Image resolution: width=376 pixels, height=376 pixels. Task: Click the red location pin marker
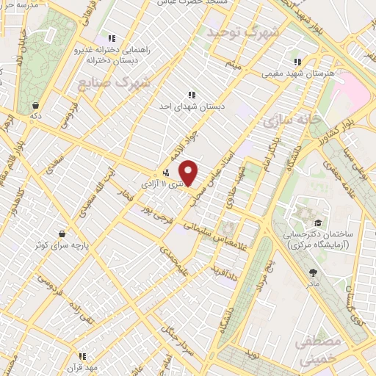coord(189,173)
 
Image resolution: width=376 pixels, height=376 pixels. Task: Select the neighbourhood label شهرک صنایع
coord(114,82)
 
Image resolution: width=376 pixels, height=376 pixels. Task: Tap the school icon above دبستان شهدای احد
coord(192,95)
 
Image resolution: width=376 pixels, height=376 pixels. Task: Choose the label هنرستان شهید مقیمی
coord(298,73)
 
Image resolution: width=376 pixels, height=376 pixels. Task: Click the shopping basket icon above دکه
coord(35,105)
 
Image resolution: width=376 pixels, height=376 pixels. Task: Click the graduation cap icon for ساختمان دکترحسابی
coord(317,223)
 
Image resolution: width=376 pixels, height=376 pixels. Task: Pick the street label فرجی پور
coord(173,208)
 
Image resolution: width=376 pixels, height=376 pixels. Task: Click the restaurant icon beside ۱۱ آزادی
coord(167,174)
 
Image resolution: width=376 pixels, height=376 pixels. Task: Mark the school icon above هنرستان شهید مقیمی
coord(297,62)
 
